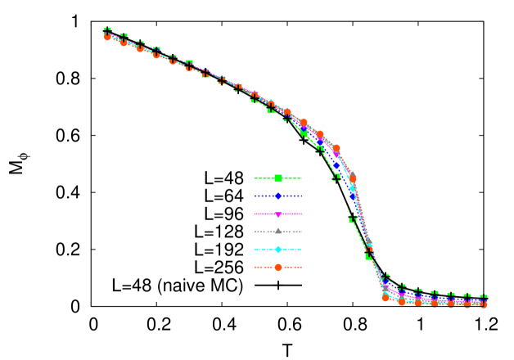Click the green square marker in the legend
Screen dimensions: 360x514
click(x=278, y=178)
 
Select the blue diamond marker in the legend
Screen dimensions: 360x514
click(x=278, y=196)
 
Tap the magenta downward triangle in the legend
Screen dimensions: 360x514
click(x=278, y=214)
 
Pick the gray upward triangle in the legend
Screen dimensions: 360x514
click(x=278, y=232)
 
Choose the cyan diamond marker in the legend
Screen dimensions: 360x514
click(x=278, y=249)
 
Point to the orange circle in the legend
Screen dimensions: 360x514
click(x=278, y=267)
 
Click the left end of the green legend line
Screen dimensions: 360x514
click(x=255, y=178)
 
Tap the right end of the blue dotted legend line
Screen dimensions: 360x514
click(x=302, y=196)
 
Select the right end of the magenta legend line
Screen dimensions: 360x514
click(x=302, y=214)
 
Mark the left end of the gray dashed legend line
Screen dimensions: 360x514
click(x=255, y=232)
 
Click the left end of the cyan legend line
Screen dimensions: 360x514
click(x=255, y=249)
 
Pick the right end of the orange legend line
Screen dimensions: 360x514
click(x=302, y=267)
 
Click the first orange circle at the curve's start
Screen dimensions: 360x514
click(x=107, y=37)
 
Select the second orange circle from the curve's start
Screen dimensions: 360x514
click(x=124, y=43)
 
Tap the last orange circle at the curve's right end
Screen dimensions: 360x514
click(x=484, y=304)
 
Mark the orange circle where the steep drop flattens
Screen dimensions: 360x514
click(x=385, y=298)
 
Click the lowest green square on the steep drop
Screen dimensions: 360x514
click(x=369, y=257)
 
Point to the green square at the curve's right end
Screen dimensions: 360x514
click(x=484, y=298)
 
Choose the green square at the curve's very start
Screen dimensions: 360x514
click(x=107, y=30)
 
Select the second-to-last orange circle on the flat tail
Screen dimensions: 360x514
click(x=467, y=304)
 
